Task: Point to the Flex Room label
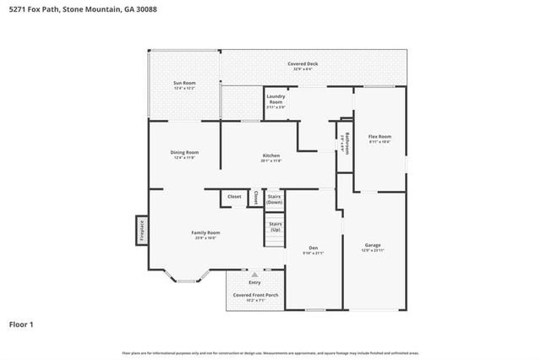coord(380,139)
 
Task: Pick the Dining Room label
coord(184,155)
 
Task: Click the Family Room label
coord(205,235)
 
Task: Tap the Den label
coord(313,249)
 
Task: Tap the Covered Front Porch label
coord(255,296)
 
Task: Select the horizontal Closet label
coord(234,197)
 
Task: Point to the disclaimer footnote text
coord(270,352)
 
